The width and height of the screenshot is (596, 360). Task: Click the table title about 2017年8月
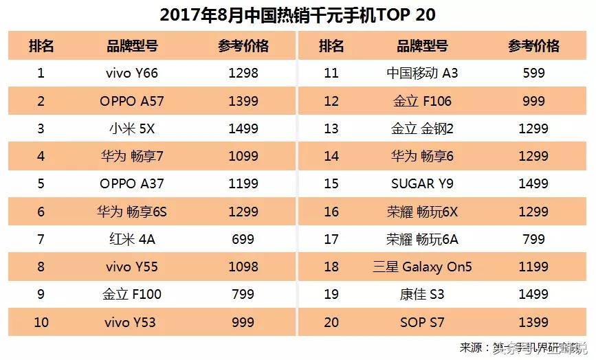[x=297, y=14]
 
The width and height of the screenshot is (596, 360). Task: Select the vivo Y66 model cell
[x=132, y=73]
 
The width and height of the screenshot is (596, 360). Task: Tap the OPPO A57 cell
[x=132, y=101]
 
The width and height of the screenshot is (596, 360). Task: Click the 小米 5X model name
[x=132, y=128]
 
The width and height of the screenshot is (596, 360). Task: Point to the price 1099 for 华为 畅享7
[x=243, y=157]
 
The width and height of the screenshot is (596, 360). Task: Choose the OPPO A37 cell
[x=132, y=184]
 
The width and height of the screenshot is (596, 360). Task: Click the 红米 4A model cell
[x=132, y=239]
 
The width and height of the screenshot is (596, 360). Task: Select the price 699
[x=243, y=239]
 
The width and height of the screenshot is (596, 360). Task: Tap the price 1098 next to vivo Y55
[x=243, y=267]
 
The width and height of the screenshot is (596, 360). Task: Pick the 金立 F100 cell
[x=132, y=295]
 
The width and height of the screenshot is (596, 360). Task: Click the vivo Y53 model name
[x=132, y=322]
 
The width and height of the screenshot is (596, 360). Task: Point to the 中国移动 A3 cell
[x=422, y=73]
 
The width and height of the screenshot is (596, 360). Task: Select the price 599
[x=533, y=73]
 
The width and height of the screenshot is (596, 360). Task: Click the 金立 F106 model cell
[x=422, y=101]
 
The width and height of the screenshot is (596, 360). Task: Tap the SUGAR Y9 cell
[x=422, y=184]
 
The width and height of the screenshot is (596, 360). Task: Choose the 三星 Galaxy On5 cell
[x=422, y=267]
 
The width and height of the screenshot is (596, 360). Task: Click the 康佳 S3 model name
[x=422, y=295]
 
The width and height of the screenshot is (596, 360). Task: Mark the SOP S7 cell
[x=422, y=322]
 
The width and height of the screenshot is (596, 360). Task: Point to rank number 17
[x=331, y=239]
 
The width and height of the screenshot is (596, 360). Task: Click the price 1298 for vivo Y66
[x=243, y=73]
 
